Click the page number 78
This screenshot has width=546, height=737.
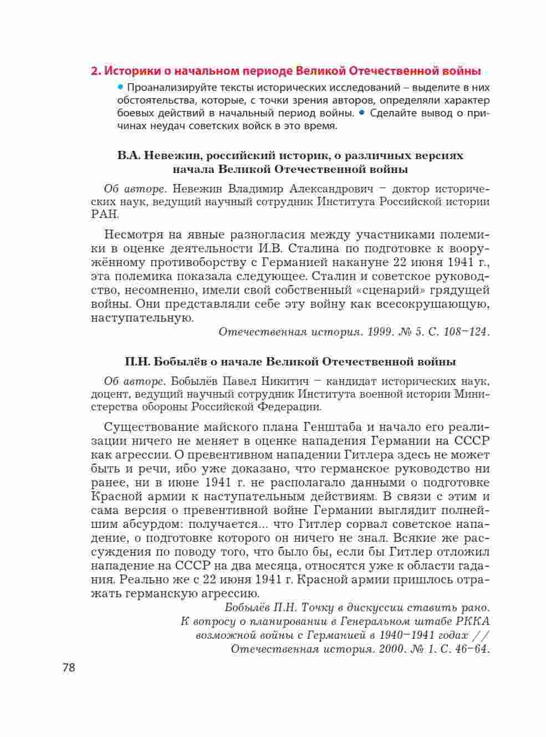68,667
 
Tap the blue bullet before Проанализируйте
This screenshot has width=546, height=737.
120,87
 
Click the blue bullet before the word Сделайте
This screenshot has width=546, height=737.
361,113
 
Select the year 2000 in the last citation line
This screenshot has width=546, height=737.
392,649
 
